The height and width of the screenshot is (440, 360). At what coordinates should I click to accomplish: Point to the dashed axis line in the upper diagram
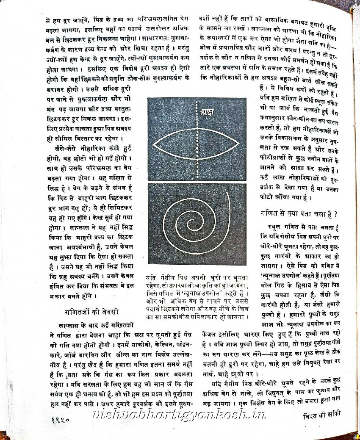click(197, 157)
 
